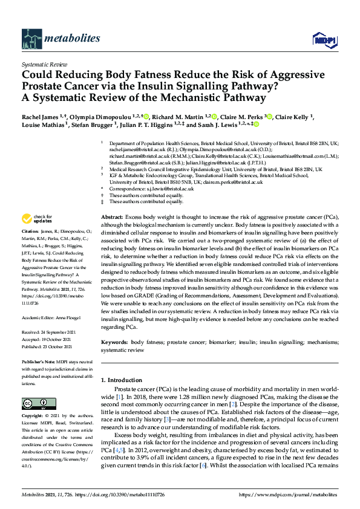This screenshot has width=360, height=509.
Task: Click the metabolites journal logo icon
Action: (x=31, y=39)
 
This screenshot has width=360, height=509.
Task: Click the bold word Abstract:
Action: (x=112, y=216)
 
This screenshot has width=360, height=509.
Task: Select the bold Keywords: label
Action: (x=115, y=342)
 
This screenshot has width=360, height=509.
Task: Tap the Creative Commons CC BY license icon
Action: (x=35, y=403)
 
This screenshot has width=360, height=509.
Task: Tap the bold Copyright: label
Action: (x=33, y=417)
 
